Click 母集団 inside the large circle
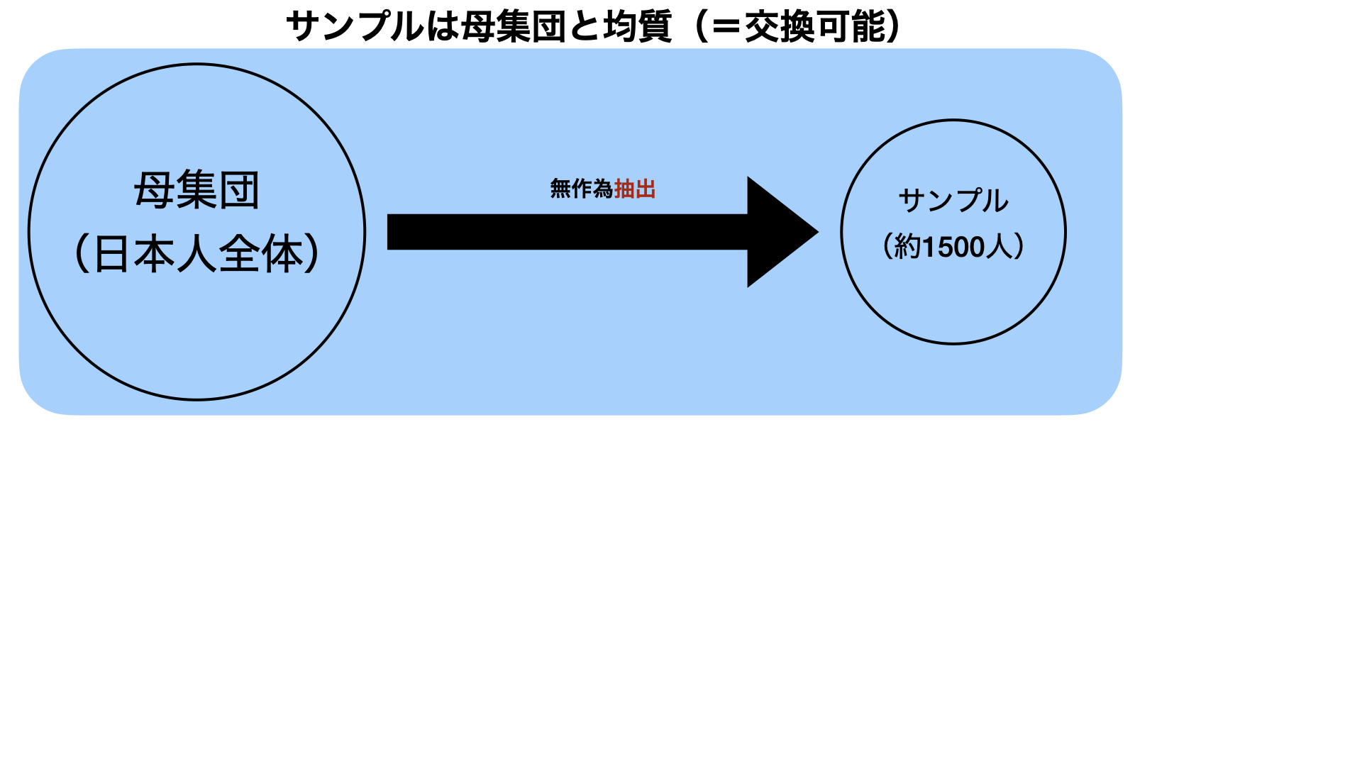[196, 190]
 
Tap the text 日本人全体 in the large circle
[197, 254]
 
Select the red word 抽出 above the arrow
[635, 189]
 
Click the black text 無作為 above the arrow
[581, 189]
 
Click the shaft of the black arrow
[567, 232]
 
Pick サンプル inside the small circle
[953, 201]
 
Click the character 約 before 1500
[907, 248]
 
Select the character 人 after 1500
[1000, 248]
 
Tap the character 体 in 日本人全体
[282, 254]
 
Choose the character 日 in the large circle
[112, 254]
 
